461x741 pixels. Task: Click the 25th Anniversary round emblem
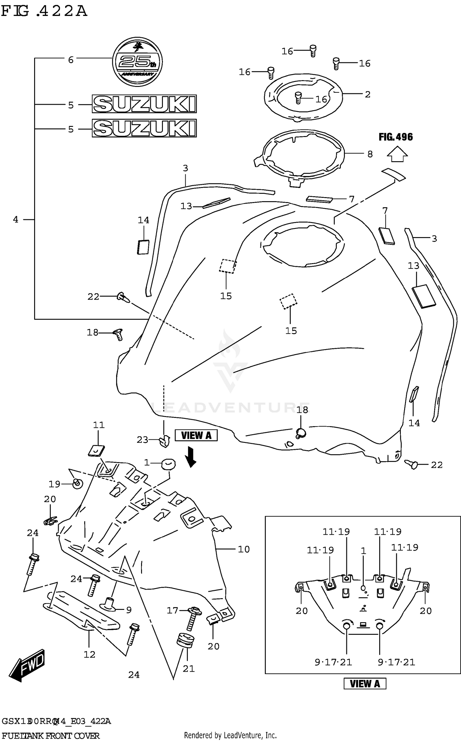pos(137,62)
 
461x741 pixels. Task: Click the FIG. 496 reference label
pos(396,137)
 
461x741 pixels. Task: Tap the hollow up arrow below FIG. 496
pos(397,154)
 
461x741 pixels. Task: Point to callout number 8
pos(370,154)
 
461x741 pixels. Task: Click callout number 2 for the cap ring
pos(368,94)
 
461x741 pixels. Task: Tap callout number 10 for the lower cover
pos(244,549)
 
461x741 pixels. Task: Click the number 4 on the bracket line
pos(16,219)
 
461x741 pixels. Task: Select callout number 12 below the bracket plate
pos(89,654)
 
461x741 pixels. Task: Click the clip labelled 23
pos(165,441)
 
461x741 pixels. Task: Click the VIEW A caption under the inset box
pos(365,684)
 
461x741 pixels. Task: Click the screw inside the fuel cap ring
pos(298,98)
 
